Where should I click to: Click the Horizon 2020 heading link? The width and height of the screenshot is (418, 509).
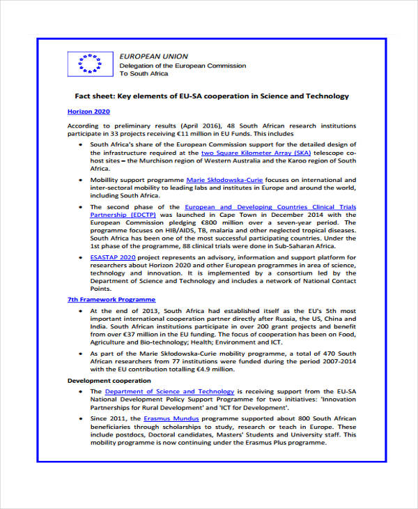pyautogui.click(x=88, y=112)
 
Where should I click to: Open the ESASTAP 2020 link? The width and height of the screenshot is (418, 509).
pyautogui.click(x=114, y=257)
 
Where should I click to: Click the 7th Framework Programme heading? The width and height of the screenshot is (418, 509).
pyautogui.click(x=111, y=299)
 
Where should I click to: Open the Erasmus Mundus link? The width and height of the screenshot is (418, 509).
pyautogui.click(x=172, y=418)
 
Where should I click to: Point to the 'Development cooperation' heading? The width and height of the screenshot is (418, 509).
pyautogui.click(x=109, y=381)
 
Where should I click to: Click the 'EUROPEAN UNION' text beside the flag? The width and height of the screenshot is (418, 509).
pyautogui.click(x=153, y=56)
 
